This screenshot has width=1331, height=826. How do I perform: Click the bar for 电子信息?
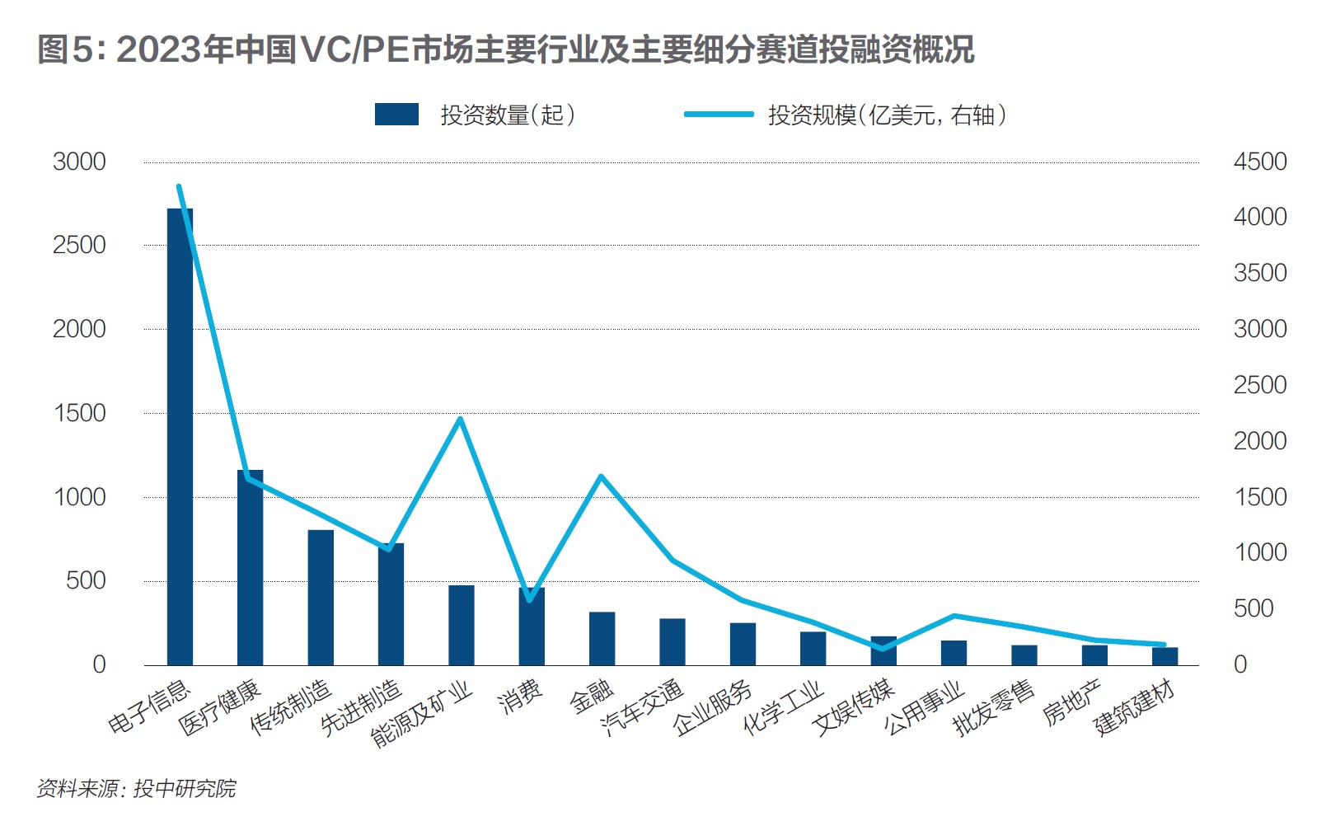180,437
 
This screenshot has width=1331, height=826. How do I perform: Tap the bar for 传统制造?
321,597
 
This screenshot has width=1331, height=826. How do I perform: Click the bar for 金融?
602,638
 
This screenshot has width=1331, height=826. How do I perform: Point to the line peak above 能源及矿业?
461,419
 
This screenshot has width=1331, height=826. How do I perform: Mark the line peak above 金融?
601,476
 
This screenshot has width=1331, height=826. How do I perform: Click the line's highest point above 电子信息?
179,187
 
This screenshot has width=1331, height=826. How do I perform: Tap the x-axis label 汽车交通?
642,708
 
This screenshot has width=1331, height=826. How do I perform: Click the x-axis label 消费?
521,697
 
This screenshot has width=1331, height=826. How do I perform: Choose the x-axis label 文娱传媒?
853,708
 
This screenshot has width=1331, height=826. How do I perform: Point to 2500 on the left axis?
79,245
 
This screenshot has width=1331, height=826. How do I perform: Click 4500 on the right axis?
1259,162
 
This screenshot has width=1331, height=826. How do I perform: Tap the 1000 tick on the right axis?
1259,552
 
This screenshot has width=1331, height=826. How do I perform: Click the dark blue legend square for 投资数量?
396,115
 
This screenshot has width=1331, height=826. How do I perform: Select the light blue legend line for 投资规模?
718,115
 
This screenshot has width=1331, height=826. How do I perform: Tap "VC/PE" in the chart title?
355,50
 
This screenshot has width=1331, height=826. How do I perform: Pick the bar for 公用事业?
954,653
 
